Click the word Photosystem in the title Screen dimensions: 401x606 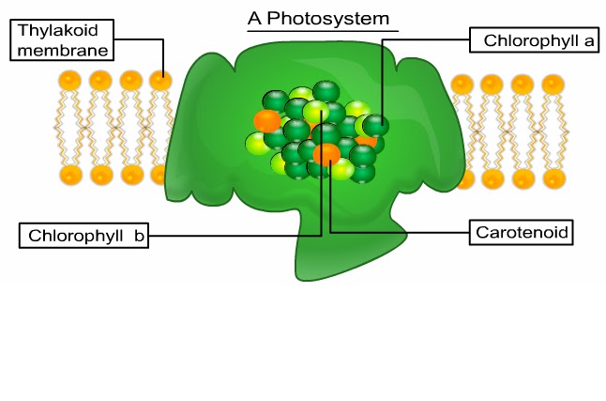[328, 19]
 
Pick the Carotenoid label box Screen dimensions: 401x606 [520, 231]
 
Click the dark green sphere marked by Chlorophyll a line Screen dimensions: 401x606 [376, 125]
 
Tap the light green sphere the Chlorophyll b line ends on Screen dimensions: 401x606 [319, 112]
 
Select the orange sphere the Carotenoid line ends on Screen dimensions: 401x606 [326, 154]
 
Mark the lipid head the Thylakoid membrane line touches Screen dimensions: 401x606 [161, 82]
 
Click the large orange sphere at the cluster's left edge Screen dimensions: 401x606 [266, 121]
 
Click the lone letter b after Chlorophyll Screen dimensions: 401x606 [138, 235]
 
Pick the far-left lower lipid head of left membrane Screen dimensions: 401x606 [70, 175]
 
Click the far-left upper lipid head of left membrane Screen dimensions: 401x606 [70, 82]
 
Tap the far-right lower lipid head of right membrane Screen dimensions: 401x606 [554, 178]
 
